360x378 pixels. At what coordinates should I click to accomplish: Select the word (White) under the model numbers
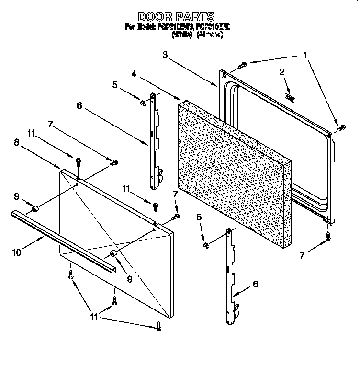point(182,35)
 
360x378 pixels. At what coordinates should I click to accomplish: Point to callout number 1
point(304,56)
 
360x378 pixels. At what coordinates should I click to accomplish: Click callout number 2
point(282,72)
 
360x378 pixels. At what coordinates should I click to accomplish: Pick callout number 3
point(165,56)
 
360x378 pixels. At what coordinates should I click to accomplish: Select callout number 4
point(135,74)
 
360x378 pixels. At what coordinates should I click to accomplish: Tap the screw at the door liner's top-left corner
point(242,65)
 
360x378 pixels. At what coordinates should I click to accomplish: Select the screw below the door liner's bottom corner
point(328,235)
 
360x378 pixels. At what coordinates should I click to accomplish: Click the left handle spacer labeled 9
point(34,209)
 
